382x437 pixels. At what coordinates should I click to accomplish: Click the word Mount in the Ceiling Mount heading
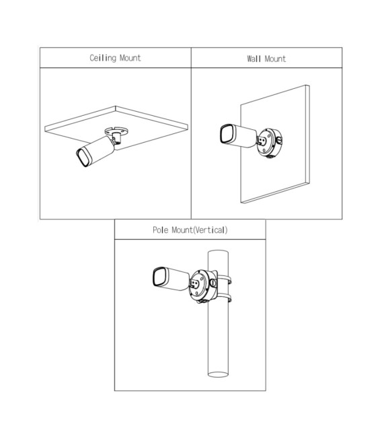130,58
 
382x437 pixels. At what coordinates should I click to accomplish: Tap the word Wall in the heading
254,59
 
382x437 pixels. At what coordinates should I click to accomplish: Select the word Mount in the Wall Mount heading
275,59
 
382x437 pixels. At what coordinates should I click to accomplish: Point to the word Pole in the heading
160,230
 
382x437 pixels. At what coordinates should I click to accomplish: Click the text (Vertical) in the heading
211,230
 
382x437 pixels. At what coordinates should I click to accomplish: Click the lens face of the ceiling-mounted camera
83,157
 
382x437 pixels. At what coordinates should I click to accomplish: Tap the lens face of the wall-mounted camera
227,135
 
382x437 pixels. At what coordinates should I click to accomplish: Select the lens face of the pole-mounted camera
159,277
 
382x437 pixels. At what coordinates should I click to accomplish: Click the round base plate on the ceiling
116,131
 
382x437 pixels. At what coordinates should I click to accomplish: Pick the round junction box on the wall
269,143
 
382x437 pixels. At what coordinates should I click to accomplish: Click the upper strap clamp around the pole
224,279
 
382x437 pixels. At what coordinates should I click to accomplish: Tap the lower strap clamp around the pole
224,298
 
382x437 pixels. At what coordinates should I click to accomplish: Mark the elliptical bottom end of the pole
219,374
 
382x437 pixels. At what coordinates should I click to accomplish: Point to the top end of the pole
219,252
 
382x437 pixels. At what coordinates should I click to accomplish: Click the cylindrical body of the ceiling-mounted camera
100,149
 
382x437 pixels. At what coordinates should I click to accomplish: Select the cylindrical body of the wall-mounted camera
244,137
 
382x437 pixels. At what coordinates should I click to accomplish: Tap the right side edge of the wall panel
308,134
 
